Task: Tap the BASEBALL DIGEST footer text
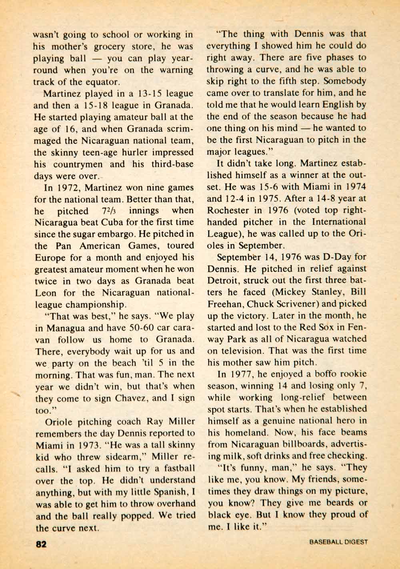pos(338,543)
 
